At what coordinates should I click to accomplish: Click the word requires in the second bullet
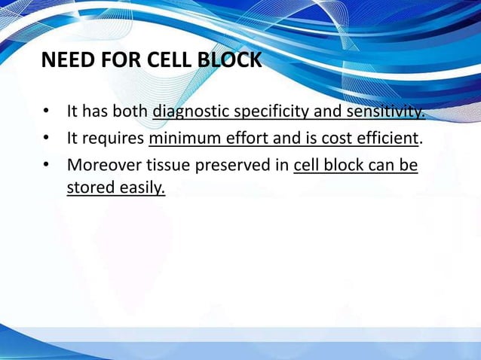coord(115,139)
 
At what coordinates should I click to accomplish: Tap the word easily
coord(141,188)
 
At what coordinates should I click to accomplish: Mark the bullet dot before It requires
coord(47,139)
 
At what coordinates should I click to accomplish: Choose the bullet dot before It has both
coord(47,113)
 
